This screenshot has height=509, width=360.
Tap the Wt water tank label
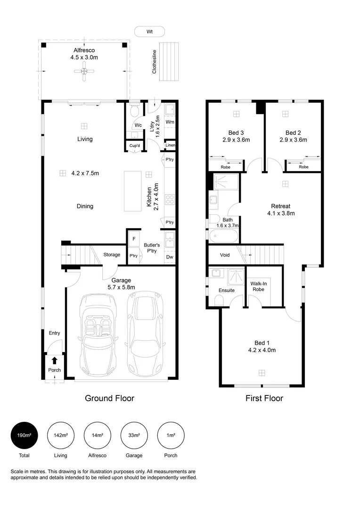(x=149, y=32)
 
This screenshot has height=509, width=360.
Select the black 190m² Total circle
(x=24, y=435)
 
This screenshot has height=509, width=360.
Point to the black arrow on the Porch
(x=55, y=361)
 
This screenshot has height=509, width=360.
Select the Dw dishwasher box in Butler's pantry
(x=169, y=257)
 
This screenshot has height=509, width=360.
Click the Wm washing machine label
(x=170, y=122)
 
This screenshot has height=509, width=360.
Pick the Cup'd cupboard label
(x=135, y=146)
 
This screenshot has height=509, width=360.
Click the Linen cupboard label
(x=170, y=146)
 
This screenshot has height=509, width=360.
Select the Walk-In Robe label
(x=257, y=286)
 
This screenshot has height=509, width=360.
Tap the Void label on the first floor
(x=225, y=255)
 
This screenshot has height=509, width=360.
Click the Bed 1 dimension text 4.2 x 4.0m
(x=261, y=350)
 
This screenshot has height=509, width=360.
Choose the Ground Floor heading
(x=109, y=398)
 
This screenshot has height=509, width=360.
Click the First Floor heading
(x=264, y=398)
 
